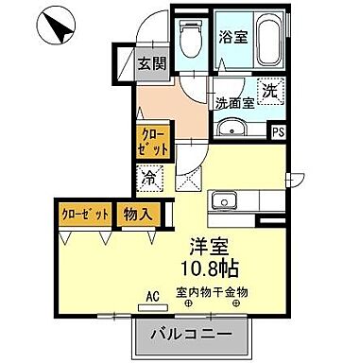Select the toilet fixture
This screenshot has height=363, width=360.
(193, 40)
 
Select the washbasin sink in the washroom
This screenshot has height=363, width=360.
(231, 129)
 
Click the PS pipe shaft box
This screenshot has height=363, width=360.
(278, 133)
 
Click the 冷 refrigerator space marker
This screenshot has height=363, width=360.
(150, 176)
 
